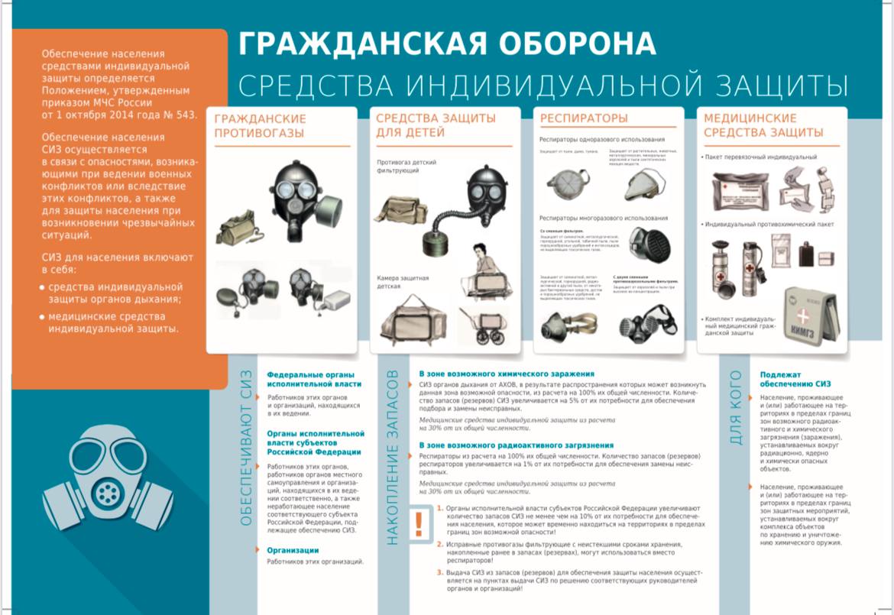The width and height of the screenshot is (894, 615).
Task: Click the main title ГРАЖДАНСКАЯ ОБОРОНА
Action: coord(447,44)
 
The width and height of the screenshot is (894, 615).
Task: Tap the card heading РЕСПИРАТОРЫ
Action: coord(584,118)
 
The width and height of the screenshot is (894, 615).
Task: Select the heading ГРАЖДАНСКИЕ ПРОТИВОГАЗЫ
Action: coord(260,126)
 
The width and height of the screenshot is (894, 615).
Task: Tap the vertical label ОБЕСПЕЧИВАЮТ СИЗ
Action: coord(246,453)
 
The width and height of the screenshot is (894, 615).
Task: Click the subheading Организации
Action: coord(293,550)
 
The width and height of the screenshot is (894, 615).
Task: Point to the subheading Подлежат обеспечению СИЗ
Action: coord(795,379)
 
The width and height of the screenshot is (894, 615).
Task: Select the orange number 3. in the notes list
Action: coord(440,572)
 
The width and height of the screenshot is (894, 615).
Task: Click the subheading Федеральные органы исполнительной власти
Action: coord(314,379)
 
